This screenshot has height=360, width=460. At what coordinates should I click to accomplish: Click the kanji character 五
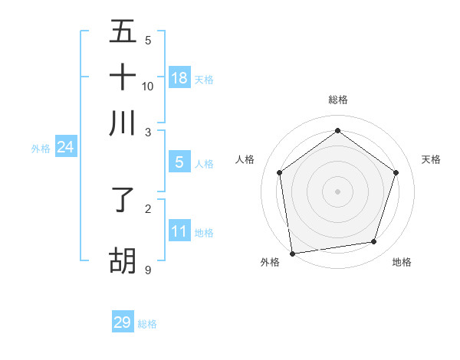(x=123, y=31)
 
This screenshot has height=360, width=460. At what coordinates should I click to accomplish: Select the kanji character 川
(x=123, y=123)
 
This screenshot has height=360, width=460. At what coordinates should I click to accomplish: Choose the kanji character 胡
(x=123, y=260)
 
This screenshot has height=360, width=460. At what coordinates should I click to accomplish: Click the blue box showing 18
(x=179, y=77)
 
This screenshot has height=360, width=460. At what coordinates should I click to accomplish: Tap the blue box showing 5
(x=179, y=162)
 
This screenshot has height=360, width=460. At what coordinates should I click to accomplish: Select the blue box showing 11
(x=179, y=231)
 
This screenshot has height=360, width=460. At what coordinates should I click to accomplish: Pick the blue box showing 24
(x=65, y=147)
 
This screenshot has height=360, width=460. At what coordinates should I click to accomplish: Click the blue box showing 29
(x=123, y=322)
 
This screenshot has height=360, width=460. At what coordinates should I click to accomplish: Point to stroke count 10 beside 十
(x=148, y=87)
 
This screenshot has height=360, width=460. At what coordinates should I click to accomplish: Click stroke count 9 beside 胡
(x=148, y=270)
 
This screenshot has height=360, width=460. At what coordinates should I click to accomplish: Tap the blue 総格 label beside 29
(x=147, y=324)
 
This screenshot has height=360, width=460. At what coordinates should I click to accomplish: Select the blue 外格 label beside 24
(x=40, y=149)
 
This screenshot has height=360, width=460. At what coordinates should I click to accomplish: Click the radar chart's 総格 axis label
(x=337, y=100)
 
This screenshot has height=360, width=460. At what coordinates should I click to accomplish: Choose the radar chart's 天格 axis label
(x=431, y=159)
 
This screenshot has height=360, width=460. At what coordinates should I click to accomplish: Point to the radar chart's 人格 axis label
(x=245, y=159)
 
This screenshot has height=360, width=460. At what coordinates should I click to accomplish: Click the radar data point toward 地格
(x=374, y=242)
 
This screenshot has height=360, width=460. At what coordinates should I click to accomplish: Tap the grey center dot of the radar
(x=337, y=191)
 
